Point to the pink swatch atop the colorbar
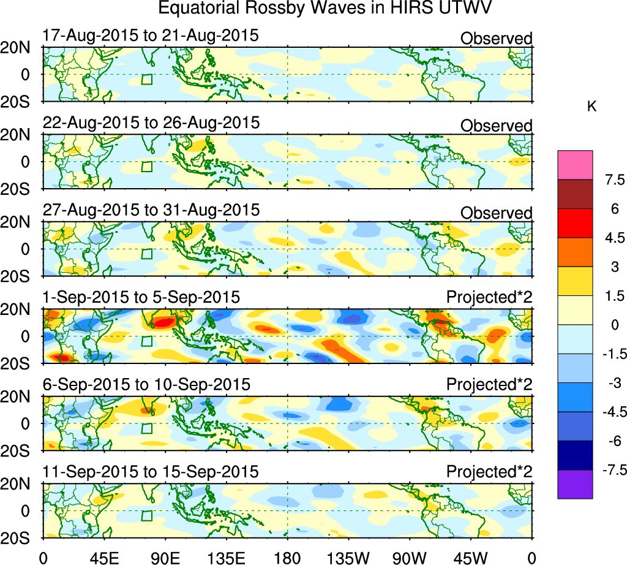point(575,165)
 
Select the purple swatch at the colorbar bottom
point(575,484)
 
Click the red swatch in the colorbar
point(575,223)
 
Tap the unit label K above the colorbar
point(591,107)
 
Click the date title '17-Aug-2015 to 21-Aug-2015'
point(151,36)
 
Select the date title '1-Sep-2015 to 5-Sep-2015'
point(141,298)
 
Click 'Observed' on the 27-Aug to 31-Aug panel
point(496,213)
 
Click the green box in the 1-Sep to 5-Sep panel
point(146,342)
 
